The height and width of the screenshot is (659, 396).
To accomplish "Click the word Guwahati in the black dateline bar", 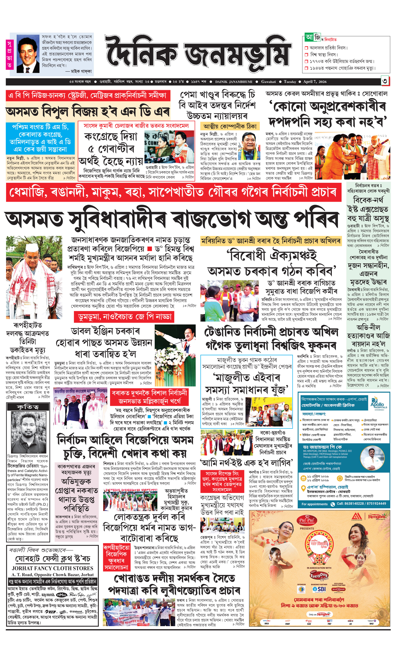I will [268, 82].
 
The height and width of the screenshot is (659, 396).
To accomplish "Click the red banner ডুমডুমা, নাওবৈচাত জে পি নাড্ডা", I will [124, 317].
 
